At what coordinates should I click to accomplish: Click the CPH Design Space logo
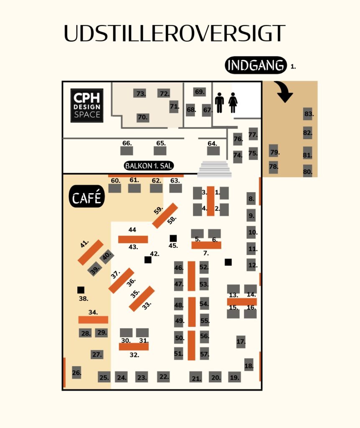click(86, 105)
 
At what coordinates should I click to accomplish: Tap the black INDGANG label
click(256, 65)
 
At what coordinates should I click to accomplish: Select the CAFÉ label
click(86, 197)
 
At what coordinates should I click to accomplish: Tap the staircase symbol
click(214, 169)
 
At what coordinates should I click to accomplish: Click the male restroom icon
click(219, 103)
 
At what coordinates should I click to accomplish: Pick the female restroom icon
click(233, 103)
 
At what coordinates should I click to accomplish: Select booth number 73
click(140, 93)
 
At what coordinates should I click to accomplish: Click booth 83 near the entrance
click(308, 114)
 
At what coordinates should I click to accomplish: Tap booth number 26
click(76, 372)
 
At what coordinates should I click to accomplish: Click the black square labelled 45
click(173, 238)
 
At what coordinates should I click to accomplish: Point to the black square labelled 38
click(81, 290)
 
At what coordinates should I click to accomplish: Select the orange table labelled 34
click(93, 320)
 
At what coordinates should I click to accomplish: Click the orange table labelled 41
click(91, 252)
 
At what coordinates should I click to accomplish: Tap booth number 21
click(195, 377)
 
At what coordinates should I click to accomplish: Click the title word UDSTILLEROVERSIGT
click(175, 33)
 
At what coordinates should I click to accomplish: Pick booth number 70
click(143, 117)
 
